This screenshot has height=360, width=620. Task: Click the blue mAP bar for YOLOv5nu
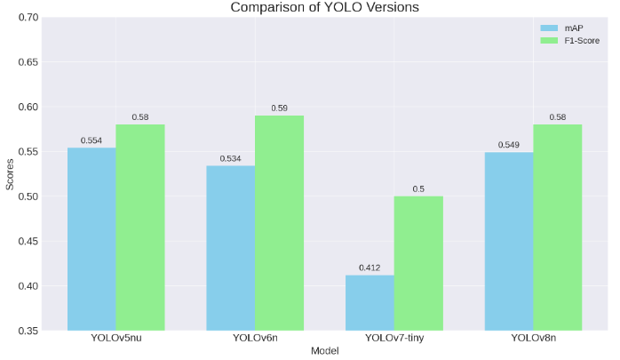click(x=91, y=238)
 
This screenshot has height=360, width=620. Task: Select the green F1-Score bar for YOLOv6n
click(x=279, y=222)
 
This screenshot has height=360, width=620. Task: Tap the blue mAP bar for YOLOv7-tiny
click(x=370, y=302)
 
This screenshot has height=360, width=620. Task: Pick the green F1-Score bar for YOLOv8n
click(x=557, y=227)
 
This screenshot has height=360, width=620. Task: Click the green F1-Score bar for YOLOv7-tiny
click(x=418, y=262)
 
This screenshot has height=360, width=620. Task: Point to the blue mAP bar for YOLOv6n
click(x=231, y=247)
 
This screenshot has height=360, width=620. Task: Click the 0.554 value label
click(x=91, y=140)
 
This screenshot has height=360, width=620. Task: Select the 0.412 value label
click(x=370, y=268)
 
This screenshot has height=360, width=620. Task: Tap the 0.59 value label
click(x=279, y=108)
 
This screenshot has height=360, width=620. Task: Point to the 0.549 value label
click(x=509, y=145)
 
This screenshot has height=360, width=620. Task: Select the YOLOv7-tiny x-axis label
click(x=394, y=339)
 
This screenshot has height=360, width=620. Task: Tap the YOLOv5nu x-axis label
click(x=115, y=339)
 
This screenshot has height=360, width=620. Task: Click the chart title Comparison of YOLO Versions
click(x=324, y=7)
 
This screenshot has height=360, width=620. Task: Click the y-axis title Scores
click(x=10, y=174)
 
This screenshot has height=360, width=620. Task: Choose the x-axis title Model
click(x=324, y=351)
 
